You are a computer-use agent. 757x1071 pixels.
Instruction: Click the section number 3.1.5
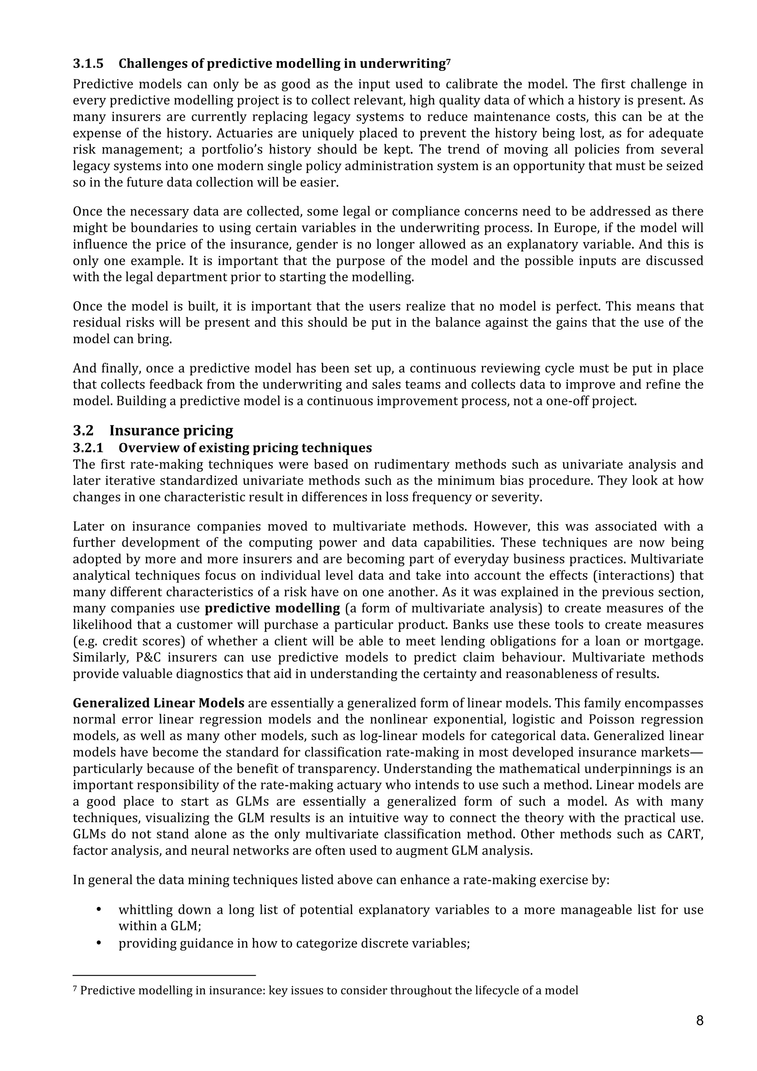click(x=88, y=64)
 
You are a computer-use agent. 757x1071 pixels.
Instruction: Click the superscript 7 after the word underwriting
click(x=448, y=61)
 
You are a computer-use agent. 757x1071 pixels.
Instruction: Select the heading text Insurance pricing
click(x=171, y=430)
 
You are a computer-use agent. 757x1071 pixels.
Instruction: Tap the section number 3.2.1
click(x=88, y=448)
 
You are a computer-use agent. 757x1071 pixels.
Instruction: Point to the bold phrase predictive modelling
click(x=272, y=608)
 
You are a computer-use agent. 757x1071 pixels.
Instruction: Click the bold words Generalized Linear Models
click(x=159, y=703)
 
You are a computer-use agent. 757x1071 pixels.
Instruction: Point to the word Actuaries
click(x=245, y=133)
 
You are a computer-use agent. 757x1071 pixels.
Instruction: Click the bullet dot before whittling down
click(x=98, y=910)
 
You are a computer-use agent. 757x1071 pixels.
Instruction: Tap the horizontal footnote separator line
click(x=164, y=975)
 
